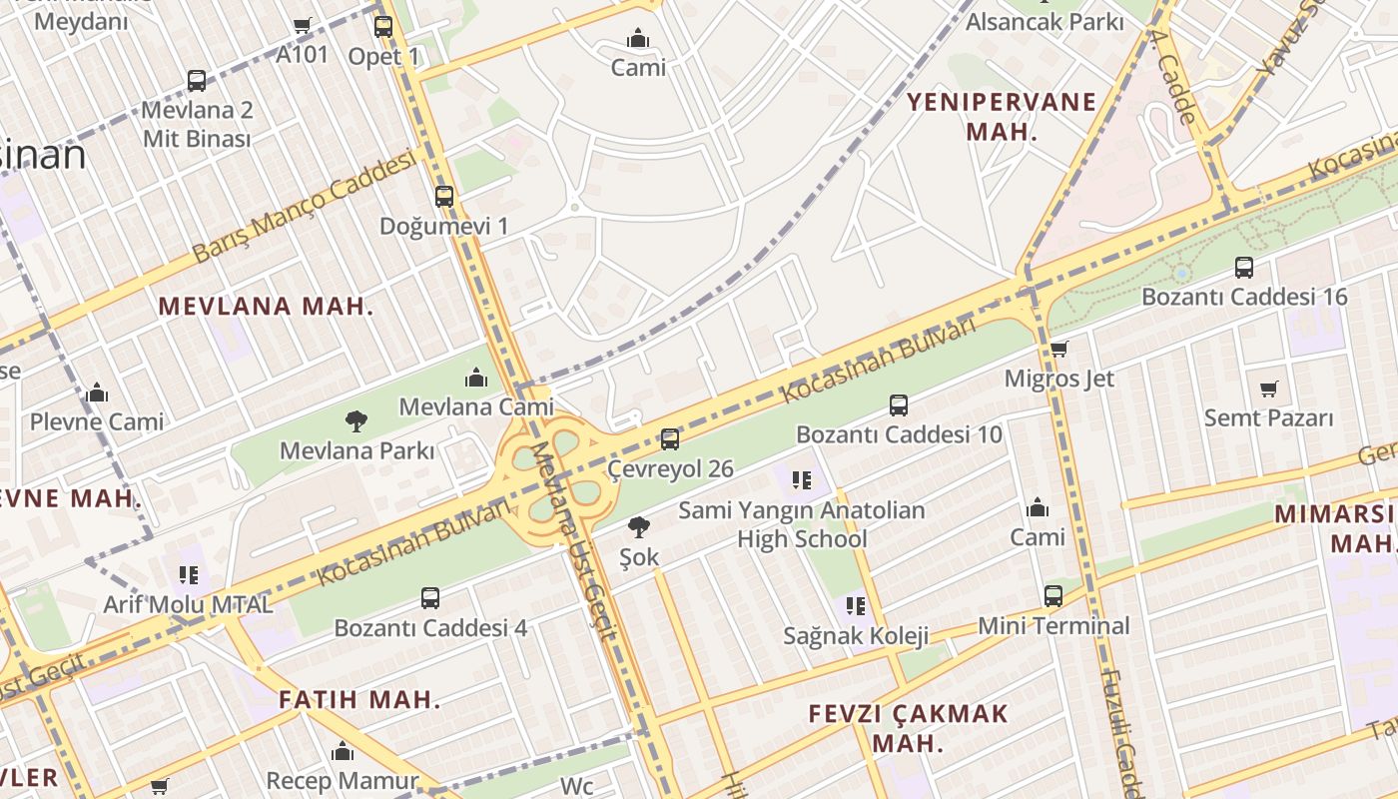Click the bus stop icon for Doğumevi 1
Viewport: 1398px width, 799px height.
point(444,197)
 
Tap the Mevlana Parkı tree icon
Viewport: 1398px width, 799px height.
point(355,421)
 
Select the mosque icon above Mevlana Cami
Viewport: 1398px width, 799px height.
point(476,378)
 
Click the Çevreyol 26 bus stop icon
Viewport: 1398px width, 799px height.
point(670,439)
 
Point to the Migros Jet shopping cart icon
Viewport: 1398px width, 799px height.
point(1058,349)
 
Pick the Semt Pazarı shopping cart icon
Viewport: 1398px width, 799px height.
point(1268,389)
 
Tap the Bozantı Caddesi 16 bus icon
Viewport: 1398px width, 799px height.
point(1243,268)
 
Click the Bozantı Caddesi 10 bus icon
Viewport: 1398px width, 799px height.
point(898,405)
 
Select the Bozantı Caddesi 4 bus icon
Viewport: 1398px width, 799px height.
point(430,598)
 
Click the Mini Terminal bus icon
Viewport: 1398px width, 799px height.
point(1053,596)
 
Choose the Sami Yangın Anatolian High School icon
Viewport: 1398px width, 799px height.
point(801,480)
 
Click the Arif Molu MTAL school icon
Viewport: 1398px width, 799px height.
point(188,575)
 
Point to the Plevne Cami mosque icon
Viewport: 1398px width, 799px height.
point(97,393)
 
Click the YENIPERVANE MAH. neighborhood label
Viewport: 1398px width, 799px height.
point(1002,116)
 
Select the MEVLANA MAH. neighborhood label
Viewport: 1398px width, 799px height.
point(266,307)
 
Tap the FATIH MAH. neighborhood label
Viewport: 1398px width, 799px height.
point(359,699)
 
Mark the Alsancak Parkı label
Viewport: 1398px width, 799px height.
point(1045,22)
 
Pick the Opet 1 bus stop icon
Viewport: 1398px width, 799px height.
point(383,27)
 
